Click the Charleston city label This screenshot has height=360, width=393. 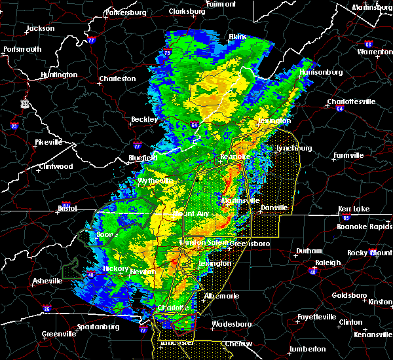tap(117, 79)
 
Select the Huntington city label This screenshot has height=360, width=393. tap(58, 75)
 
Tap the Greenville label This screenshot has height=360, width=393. tap(58, 334)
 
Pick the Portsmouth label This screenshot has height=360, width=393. tap(22, 49)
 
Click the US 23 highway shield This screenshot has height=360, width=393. tap(24, 103)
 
